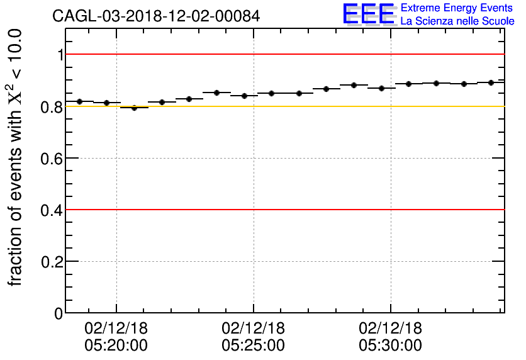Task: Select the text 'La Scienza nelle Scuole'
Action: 457,21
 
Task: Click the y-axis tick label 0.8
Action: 52,106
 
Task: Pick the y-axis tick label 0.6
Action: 52,158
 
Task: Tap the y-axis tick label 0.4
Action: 52,210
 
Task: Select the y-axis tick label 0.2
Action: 52,261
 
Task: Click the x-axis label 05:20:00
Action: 116,346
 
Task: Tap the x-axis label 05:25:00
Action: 253,346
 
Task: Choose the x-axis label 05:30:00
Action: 390,346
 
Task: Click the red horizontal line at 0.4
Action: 283,210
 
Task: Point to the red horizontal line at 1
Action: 283,55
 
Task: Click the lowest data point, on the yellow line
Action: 134,108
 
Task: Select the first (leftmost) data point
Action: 79,101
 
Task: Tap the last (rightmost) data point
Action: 491,82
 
